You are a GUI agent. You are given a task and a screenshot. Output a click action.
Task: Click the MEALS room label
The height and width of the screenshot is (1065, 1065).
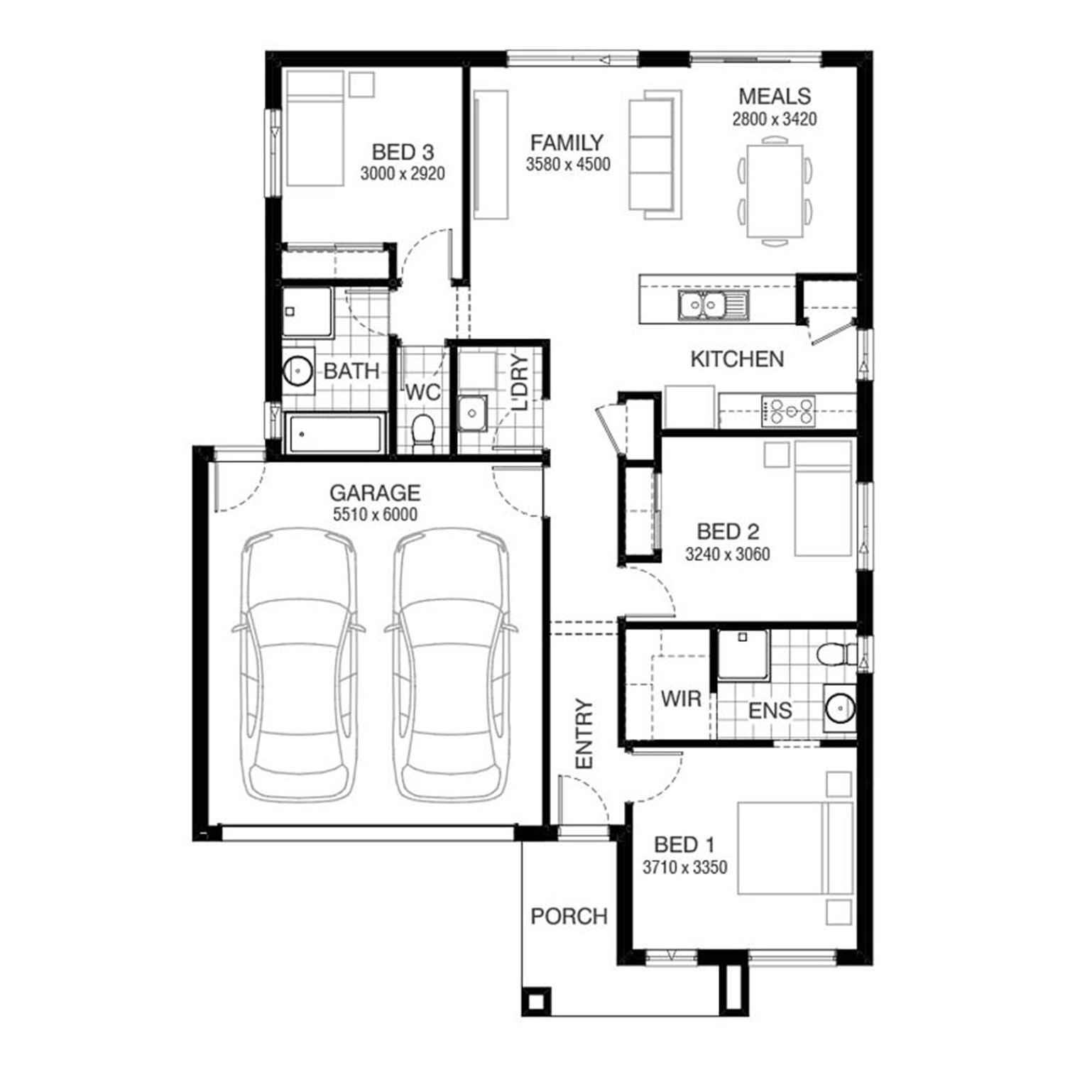775,96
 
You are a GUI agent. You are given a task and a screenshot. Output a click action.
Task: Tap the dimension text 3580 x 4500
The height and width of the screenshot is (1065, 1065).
568,165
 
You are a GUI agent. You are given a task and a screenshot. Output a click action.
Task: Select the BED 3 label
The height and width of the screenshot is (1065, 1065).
403,151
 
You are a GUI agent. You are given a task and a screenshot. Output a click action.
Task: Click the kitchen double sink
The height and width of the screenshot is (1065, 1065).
713,305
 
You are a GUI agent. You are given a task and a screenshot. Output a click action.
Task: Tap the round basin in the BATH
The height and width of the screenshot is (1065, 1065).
298,370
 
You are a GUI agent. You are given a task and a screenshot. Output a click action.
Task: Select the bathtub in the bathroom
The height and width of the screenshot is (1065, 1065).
334,433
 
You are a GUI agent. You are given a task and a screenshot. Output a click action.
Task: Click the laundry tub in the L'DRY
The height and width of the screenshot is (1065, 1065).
471,414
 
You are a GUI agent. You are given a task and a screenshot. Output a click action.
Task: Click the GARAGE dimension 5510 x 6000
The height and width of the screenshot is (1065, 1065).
375,515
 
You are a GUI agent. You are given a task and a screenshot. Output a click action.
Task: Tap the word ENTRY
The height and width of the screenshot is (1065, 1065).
584,733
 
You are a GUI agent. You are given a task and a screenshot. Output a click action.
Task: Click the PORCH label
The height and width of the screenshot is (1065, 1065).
569,916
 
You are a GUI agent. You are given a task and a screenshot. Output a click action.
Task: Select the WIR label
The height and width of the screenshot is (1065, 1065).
681,699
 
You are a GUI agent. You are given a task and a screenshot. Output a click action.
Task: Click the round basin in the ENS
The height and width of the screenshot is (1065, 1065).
840,708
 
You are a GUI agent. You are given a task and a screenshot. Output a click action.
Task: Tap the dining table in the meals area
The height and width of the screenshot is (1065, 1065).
775,190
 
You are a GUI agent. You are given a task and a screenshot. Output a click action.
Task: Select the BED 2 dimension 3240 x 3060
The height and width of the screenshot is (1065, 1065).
728,554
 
